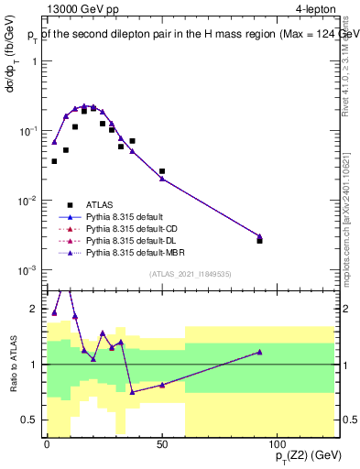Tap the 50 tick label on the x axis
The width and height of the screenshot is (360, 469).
coord(161,444)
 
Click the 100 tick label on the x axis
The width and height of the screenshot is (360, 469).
coord(277,444)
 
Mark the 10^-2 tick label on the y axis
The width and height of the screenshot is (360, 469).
coord(29,201)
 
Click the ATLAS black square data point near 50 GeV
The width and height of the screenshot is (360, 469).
coord(162,171)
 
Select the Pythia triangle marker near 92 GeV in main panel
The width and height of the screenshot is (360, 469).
coord(259,236)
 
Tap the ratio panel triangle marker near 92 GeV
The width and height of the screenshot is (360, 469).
coord(259,352)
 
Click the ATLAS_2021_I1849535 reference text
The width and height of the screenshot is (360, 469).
coord(190,272)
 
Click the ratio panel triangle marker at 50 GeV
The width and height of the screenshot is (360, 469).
coord(162,385)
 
